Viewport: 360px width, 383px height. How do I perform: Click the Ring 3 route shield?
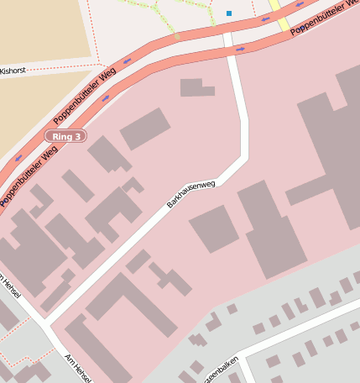click(65, 136)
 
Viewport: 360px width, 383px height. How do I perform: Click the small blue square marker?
click(228, 13)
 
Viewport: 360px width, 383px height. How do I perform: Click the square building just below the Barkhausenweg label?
click(213, 228)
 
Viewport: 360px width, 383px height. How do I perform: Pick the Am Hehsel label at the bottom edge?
click(77, 368)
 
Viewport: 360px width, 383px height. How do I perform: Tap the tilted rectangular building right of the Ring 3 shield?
click(144, 129)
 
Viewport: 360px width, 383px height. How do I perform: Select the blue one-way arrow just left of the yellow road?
click(264, 19)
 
